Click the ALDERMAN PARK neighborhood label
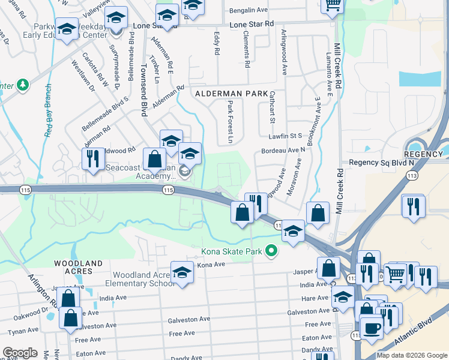231,94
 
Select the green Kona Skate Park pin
271,251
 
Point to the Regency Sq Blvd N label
382,163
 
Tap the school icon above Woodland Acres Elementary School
182,272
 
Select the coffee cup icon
370,327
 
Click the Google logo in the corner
20,353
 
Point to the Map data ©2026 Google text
411,355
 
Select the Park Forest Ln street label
230,122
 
